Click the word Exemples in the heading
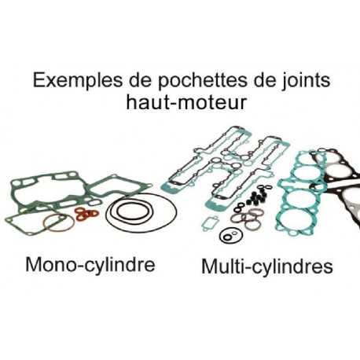click(78, 81)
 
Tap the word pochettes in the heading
click(203, 81)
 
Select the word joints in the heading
click(306, 81)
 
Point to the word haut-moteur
click(186, 102)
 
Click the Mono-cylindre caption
click(90, 265)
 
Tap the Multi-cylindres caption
click(267, 267)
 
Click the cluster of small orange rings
click(86, 214)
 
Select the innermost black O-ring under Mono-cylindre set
click(134, 211)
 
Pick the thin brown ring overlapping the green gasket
click(59, 222)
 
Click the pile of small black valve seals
click(257, 198)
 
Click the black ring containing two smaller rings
click(231, 235)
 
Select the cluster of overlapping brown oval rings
click(246, 219)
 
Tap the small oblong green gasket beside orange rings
click(94, 203)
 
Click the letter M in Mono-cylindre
click(34, 264)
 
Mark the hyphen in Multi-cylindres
click(246, 269)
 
